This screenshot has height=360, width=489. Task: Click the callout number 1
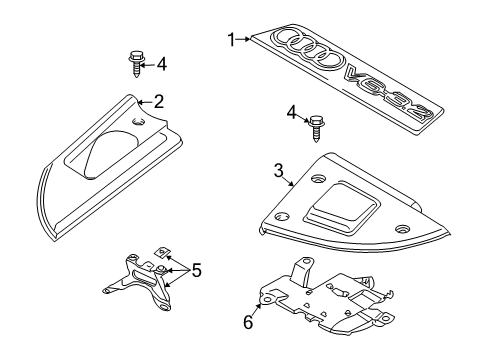231,40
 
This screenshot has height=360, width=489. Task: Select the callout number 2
159,102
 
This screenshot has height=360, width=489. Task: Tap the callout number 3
278,171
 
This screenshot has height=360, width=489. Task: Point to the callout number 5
196,270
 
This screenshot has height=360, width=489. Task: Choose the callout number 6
248,322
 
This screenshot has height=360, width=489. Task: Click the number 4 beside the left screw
161,64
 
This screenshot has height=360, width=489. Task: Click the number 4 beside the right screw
292,113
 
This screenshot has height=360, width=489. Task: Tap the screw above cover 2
136,63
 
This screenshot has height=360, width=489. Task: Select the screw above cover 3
315,128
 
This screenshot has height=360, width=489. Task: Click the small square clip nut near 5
161,252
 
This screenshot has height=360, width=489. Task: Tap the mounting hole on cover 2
139,122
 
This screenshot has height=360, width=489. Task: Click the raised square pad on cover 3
342,207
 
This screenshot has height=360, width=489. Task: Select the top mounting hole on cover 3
318,179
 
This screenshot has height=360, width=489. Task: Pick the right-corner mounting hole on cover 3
402,229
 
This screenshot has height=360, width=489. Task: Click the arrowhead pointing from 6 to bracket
259,306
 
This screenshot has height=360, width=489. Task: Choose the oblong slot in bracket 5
145,277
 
